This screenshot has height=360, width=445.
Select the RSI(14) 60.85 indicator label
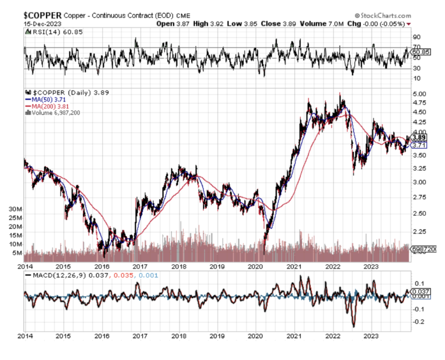[x=47, y=33]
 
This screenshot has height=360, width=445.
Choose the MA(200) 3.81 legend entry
[x=47, y=105]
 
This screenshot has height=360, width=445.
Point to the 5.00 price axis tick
[x=419, y=94]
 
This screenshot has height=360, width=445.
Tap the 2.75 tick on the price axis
[x=419, y=196]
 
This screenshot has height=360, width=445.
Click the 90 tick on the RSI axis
[x=416, y=37]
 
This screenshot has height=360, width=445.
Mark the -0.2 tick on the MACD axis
[x=419, y=322]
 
